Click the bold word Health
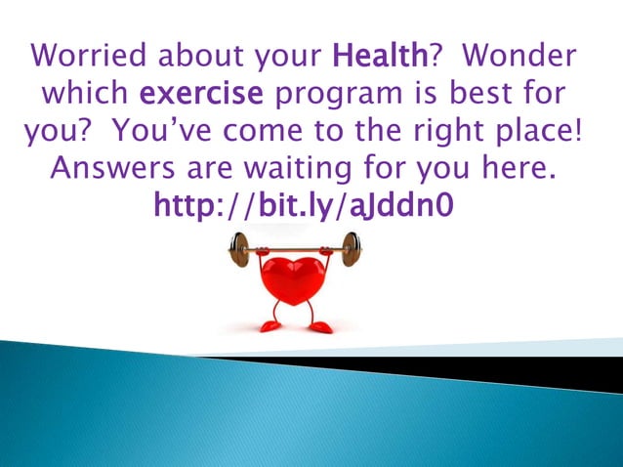tap(380, 58)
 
